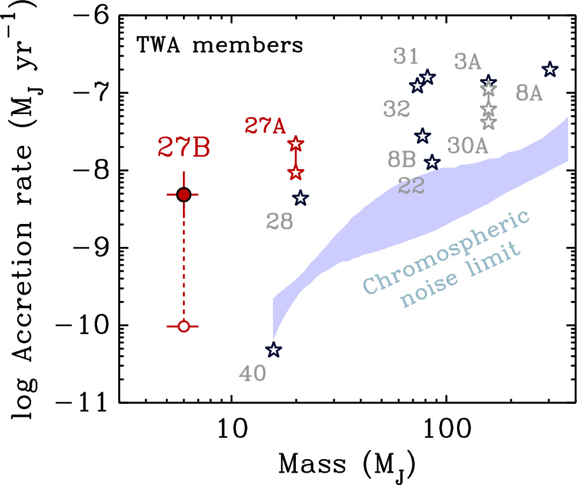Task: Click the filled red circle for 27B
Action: [184, 195]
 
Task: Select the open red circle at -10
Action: [184, 326]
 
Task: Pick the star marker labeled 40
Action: [274, 350]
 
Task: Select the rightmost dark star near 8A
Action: [549, 69]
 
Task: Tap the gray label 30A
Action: [468, 145]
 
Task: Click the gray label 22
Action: [411, 186]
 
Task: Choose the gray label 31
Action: [405, 57]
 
